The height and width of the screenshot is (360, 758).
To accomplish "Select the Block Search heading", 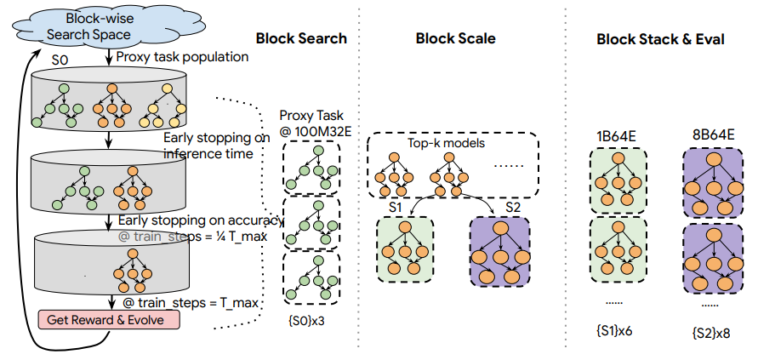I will point(301,38).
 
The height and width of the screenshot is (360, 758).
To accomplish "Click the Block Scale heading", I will point(455,38).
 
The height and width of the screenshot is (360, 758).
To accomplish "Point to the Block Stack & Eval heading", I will point(660,38).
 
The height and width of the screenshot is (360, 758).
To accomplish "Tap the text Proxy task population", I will point(181,57).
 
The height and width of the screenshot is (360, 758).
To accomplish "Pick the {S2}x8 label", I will point(713,329).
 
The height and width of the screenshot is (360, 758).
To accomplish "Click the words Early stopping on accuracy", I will point(201,221).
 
